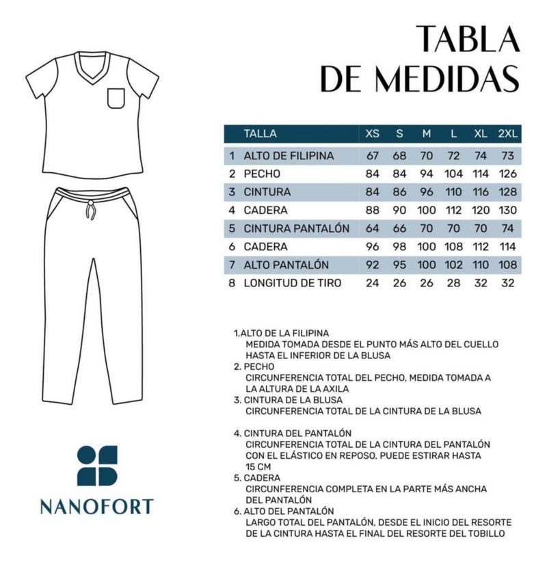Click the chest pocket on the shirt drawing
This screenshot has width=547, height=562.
point(117,99)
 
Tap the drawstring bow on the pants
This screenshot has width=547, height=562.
point(90,209)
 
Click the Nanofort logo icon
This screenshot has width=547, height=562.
point(97,466)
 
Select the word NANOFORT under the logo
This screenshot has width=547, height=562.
point(96,507)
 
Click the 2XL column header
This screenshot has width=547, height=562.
point(507,134)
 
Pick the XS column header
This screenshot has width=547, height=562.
point(372,134)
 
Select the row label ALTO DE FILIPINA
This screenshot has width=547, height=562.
point(289,156)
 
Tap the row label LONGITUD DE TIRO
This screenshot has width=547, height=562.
point(293,282)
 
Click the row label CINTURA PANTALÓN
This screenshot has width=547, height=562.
point(297,228)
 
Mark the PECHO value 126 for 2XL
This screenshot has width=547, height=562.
point(507,174)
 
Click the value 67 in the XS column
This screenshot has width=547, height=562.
point(372,156)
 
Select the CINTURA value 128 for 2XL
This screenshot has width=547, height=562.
point(507,192)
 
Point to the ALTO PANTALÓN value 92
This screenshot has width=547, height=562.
point(372,265)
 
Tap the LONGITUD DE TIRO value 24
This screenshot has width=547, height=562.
point(372,282)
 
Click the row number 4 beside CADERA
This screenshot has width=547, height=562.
point(232,210)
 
